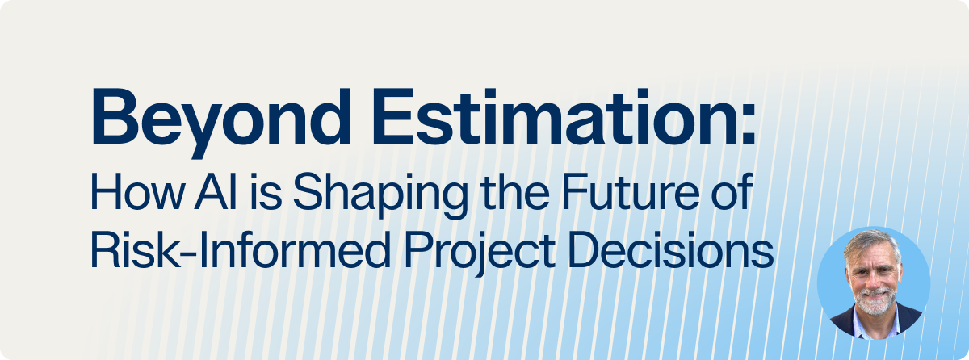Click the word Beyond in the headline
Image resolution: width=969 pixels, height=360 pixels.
coord(220,123)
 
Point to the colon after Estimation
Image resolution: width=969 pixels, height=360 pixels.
coord(748,122)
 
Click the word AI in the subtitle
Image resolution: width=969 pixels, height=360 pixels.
coord(216,191)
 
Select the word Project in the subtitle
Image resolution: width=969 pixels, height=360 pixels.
coord(479,253)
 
